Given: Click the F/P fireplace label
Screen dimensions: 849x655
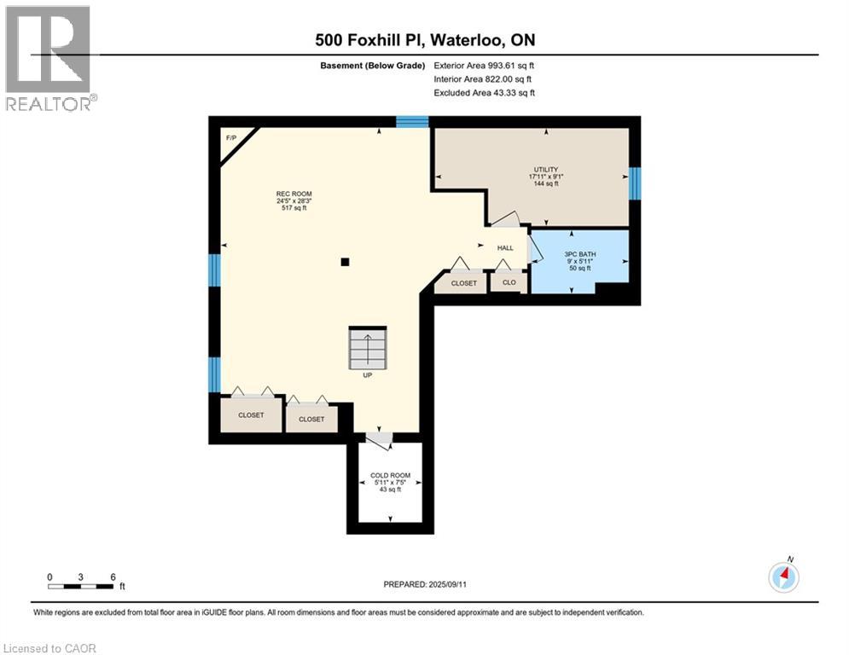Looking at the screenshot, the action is click(231, 138).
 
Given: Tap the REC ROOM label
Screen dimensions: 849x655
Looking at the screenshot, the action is click(294, 194).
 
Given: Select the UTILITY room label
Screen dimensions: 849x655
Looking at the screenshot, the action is click(546, 170).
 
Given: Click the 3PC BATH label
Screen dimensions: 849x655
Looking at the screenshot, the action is click(580, 254).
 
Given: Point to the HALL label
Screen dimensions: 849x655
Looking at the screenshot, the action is click(505, 248).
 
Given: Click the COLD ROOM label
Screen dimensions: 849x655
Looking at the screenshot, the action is click(391, 475).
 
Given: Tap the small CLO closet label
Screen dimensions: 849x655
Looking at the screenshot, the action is click(509, 282).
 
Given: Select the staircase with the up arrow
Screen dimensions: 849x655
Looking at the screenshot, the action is click(368, 347).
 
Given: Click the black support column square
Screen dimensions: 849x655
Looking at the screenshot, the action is click(345, 262).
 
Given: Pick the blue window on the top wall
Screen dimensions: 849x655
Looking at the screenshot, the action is click(412, 122).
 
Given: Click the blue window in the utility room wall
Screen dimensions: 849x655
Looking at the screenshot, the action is click(635, 183).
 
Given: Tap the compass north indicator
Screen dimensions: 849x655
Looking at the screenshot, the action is click(783, 577).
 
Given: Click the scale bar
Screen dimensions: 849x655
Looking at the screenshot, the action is click(81, 586).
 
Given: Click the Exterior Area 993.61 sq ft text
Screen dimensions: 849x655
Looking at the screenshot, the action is click(484, 66).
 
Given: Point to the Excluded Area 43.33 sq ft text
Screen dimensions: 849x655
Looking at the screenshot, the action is click(484, 93).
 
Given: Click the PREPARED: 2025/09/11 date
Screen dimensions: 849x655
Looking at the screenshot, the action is click(425, 584).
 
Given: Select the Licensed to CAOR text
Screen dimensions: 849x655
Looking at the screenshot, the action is click(49, 648).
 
